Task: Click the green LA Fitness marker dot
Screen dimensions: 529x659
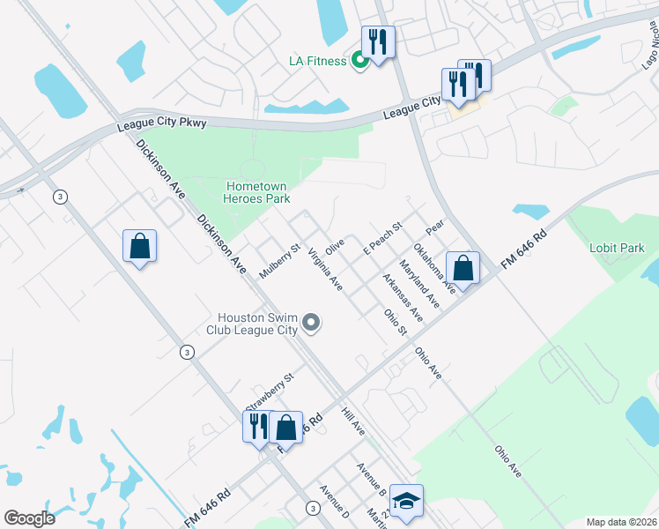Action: (x=359, y=61)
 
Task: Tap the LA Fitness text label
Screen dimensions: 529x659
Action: (x=319, y=61)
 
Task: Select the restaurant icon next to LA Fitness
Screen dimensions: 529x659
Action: (x=378, y=43)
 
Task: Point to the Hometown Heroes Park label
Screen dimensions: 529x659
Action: (x=258, y=192)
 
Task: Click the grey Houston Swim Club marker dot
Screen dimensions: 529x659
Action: (x=310, y=324)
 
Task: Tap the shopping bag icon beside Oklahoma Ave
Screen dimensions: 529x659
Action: (x=463, y=268)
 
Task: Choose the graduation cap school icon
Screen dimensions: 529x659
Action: (x=406, y=501)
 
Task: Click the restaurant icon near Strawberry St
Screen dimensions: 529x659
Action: (x=258, y=427)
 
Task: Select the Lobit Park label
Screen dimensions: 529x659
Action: (x=617, y=249)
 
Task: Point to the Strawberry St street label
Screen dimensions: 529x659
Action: (x=269, y=390)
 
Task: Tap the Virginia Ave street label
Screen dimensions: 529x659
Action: (x=324, y=269)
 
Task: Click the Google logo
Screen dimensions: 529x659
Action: (x=29, y=518)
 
